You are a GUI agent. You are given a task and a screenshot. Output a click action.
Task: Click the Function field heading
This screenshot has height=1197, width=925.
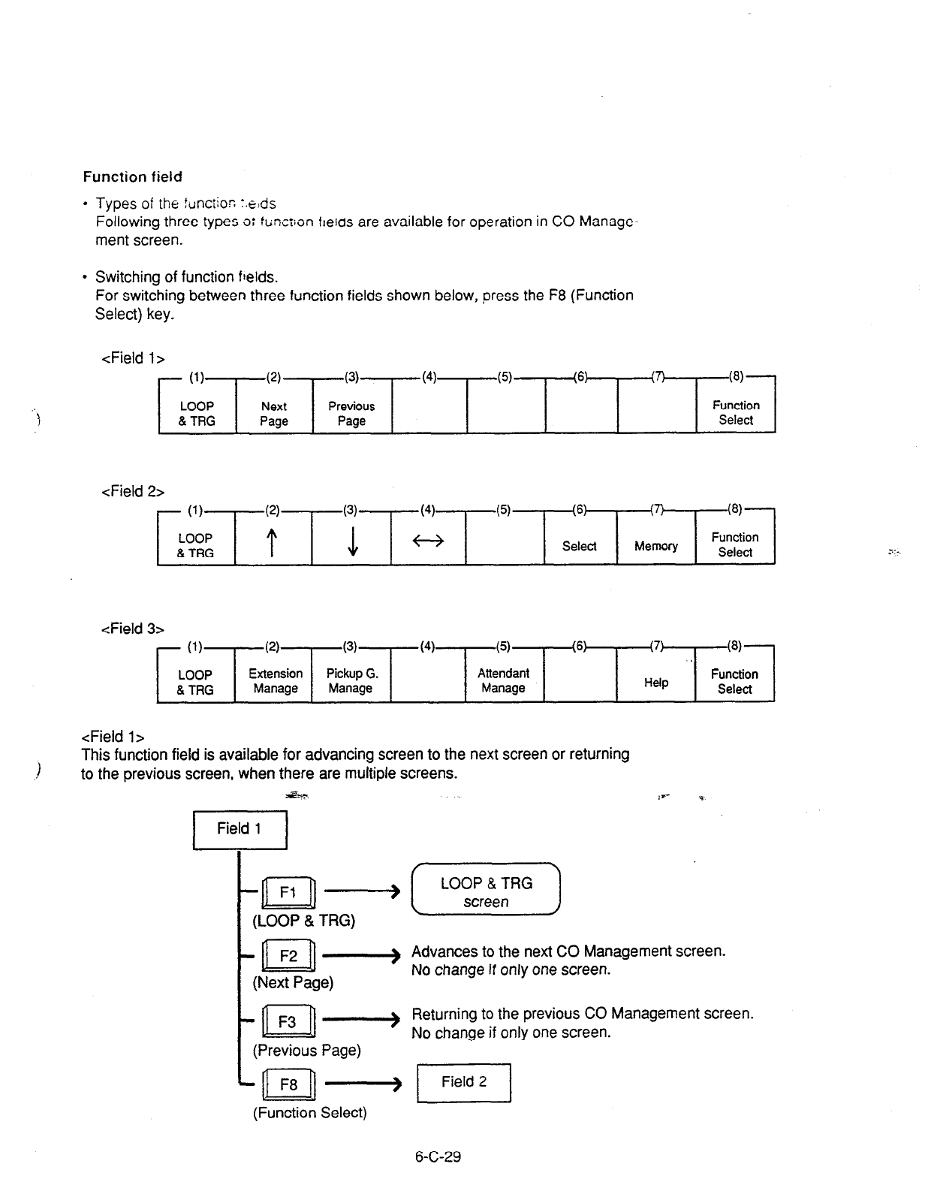tap(132, 177)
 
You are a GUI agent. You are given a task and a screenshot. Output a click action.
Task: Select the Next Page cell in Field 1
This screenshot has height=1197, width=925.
tap(274, 413)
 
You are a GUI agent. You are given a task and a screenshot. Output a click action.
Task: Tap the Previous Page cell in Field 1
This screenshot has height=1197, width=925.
tap(351, 413)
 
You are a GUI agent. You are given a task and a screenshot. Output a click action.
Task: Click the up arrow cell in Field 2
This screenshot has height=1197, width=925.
tap(274, 542)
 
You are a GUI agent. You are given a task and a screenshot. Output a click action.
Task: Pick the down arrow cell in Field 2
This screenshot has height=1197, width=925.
tap(352, 542)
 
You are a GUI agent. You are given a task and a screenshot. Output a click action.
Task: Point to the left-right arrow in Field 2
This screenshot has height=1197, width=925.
tap(428, 541)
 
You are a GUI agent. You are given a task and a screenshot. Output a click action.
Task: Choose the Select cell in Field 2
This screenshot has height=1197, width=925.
tap(579, 546)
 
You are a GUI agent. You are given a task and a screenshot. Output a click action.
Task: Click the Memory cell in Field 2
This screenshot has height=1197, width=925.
tap(655, 546)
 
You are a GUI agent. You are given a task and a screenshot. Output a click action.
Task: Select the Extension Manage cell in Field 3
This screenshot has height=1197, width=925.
tap(276, 680)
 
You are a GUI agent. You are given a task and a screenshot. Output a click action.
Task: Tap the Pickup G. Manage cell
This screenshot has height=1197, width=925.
tap(351, 680)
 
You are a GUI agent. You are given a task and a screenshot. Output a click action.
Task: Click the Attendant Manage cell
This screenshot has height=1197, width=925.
tap(503, 680)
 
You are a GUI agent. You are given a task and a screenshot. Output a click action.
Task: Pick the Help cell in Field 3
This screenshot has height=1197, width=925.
tap(655, 683)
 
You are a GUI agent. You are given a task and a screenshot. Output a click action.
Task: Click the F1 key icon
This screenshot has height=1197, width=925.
tap(289, 892)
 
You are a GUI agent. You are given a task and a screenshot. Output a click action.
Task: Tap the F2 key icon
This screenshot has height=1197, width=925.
tap(289, 956)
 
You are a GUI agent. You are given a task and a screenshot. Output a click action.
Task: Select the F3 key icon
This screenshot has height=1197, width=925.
tap(289, 1022)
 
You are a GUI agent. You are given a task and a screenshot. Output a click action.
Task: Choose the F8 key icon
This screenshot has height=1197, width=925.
tap(289, 1084)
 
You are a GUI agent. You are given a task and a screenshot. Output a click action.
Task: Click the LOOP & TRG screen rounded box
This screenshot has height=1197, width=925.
tap(486, 892)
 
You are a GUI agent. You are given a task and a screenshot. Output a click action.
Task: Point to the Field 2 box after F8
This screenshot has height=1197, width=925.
tap(464, 1082)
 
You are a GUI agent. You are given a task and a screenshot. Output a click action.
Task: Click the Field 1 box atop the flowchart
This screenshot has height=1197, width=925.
tap(240, 829)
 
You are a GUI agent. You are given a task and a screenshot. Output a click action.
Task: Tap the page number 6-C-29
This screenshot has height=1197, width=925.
tap(438, 1157)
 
